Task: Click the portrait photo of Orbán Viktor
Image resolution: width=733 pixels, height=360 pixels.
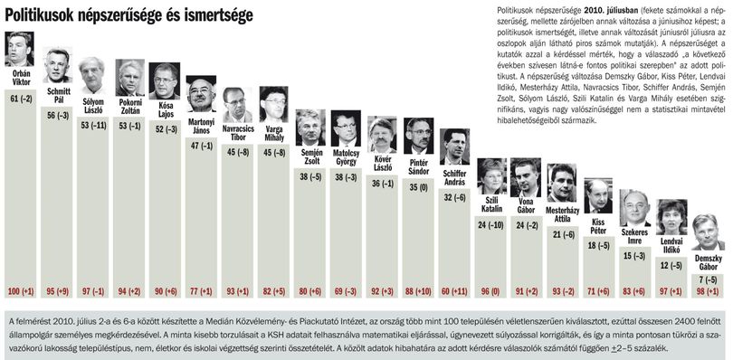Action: click(x=20, y=49)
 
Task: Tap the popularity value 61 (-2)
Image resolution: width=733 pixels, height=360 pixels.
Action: click(x=21, y=99)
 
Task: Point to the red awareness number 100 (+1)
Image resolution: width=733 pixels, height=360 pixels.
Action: click(x=21, y=292)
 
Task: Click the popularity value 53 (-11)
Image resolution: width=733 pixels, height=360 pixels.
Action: click(x=93, y=126)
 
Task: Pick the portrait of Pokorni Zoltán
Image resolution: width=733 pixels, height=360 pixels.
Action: click(x=129, y=78)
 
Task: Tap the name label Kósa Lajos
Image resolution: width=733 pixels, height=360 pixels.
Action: click(x=165, y=109)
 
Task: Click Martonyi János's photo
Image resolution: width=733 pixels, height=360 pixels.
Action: click(x=201, y=93)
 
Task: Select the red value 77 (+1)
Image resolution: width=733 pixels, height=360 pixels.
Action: click(x=201, y=292)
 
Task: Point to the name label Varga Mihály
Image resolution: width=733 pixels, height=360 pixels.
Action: click(x=273, y=133)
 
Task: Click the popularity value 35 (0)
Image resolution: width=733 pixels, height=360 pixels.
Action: click(x=417, y=187)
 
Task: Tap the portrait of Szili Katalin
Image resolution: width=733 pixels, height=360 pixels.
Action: click(x=491, y=176)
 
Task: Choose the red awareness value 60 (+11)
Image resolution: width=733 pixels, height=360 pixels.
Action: click(x=454, y=292)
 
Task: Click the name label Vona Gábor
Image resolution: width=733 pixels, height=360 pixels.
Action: click(x=526, y=205)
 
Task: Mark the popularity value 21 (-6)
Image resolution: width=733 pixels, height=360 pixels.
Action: click(x=562, y=233)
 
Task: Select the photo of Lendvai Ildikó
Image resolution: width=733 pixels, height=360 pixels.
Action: click(x=671, y=217)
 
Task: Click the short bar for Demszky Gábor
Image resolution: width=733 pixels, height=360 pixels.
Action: click(x=708, y=286)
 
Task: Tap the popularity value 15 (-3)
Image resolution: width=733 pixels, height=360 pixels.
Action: click(x=634, y=256)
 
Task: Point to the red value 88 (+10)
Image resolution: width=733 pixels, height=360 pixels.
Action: click(x=417, y=292)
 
